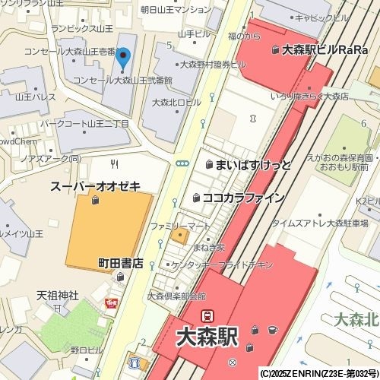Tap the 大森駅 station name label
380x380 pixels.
[207, 337]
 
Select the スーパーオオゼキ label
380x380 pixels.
[95, 186]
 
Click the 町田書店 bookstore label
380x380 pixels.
[120, 264]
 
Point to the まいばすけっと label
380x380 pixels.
[253, 165]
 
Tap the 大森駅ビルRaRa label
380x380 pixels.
[320, 51]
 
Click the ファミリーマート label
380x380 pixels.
[179, 226]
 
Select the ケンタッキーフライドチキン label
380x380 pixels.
[222, 264]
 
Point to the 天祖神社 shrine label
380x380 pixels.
[58, 295]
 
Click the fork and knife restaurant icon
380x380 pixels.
[115, 163]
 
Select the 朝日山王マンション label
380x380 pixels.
[176, 10]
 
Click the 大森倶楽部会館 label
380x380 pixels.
[176, 296]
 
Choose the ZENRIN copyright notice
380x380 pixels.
[318, 374]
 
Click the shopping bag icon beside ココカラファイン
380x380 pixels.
[197, 198]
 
